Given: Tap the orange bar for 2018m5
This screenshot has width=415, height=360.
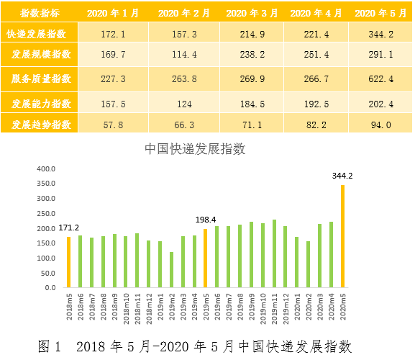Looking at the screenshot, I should tap(69, 262).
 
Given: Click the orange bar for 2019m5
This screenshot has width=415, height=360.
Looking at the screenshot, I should tap(206, 258).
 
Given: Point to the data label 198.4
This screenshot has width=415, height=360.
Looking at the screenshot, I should tap(206, 220).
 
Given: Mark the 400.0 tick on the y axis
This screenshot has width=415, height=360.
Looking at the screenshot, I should tap(45, 168).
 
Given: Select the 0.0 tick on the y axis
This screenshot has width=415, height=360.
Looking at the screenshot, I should tap(50, 287).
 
